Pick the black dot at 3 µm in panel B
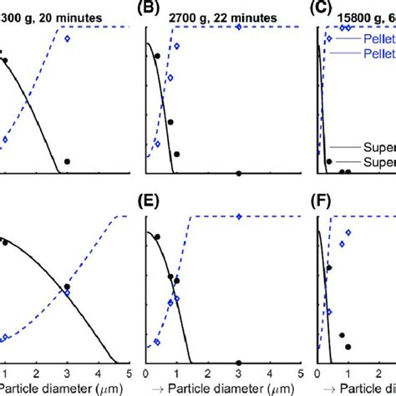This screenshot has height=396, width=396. coord(239,173)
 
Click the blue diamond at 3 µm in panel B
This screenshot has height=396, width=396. coord(239,28)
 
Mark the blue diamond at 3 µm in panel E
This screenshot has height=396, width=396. coord(239,216)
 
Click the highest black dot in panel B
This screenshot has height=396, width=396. coord(157,56)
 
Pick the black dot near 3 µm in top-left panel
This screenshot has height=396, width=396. coord(67,160)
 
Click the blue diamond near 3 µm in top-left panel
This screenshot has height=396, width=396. coord(68,38)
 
